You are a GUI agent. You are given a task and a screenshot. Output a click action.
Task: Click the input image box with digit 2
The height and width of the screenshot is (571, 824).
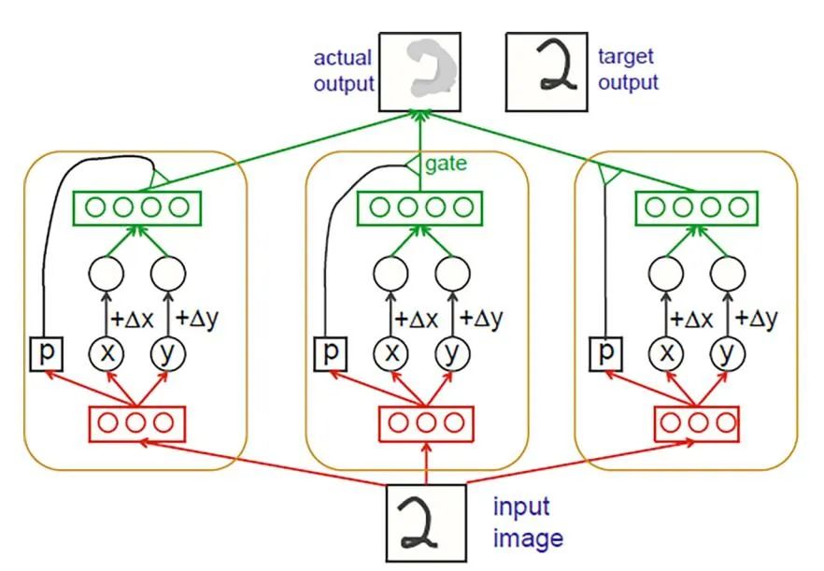coord(426,522)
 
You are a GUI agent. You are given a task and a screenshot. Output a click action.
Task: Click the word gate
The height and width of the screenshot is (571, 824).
coord(448,164)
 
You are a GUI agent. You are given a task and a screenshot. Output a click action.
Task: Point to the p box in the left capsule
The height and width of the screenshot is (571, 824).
coord(44,353)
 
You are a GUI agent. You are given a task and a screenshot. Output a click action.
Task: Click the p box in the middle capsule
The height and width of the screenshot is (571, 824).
coord(330,353)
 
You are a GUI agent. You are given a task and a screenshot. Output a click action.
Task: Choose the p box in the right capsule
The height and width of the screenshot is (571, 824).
coord(608,353)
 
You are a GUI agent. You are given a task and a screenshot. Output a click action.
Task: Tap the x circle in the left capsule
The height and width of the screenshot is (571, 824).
coord(105,353)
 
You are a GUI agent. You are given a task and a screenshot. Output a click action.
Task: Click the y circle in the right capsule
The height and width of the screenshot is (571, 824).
coord(725,353)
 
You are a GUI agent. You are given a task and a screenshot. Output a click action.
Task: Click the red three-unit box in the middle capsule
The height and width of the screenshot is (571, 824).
coord(426,422)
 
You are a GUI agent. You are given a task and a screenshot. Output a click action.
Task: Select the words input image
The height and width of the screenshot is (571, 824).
coord(528,523)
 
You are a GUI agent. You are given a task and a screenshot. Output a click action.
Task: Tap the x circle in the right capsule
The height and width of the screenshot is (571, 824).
coord(665,353)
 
